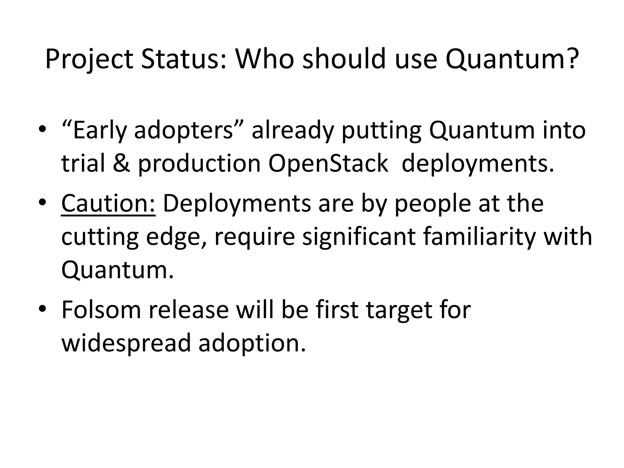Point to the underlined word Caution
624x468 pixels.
(x=108, y=204)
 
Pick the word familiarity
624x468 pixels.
(x=479, y=237)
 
